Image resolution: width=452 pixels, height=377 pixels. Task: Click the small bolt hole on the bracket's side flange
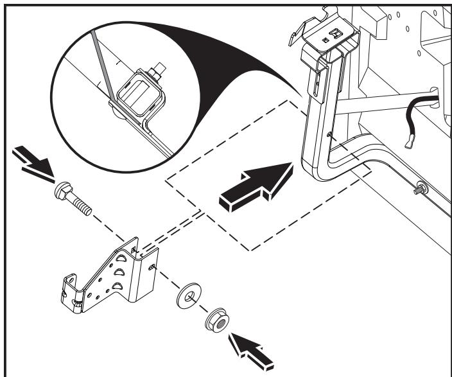[x=152, y=265]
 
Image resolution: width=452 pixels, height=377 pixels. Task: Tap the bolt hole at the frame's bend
[x=328, y=134]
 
